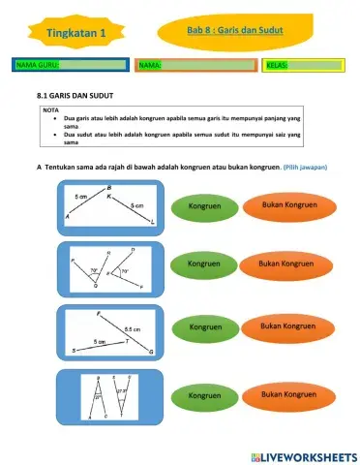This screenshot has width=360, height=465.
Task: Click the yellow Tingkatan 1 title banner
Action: (75, 34)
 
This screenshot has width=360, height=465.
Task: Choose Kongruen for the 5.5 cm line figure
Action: (205, 327)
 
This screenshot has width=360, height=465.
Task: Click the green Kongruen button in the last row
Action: (205, 395)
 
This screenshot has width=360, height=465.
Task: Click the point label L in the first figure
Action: (153, 222)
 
